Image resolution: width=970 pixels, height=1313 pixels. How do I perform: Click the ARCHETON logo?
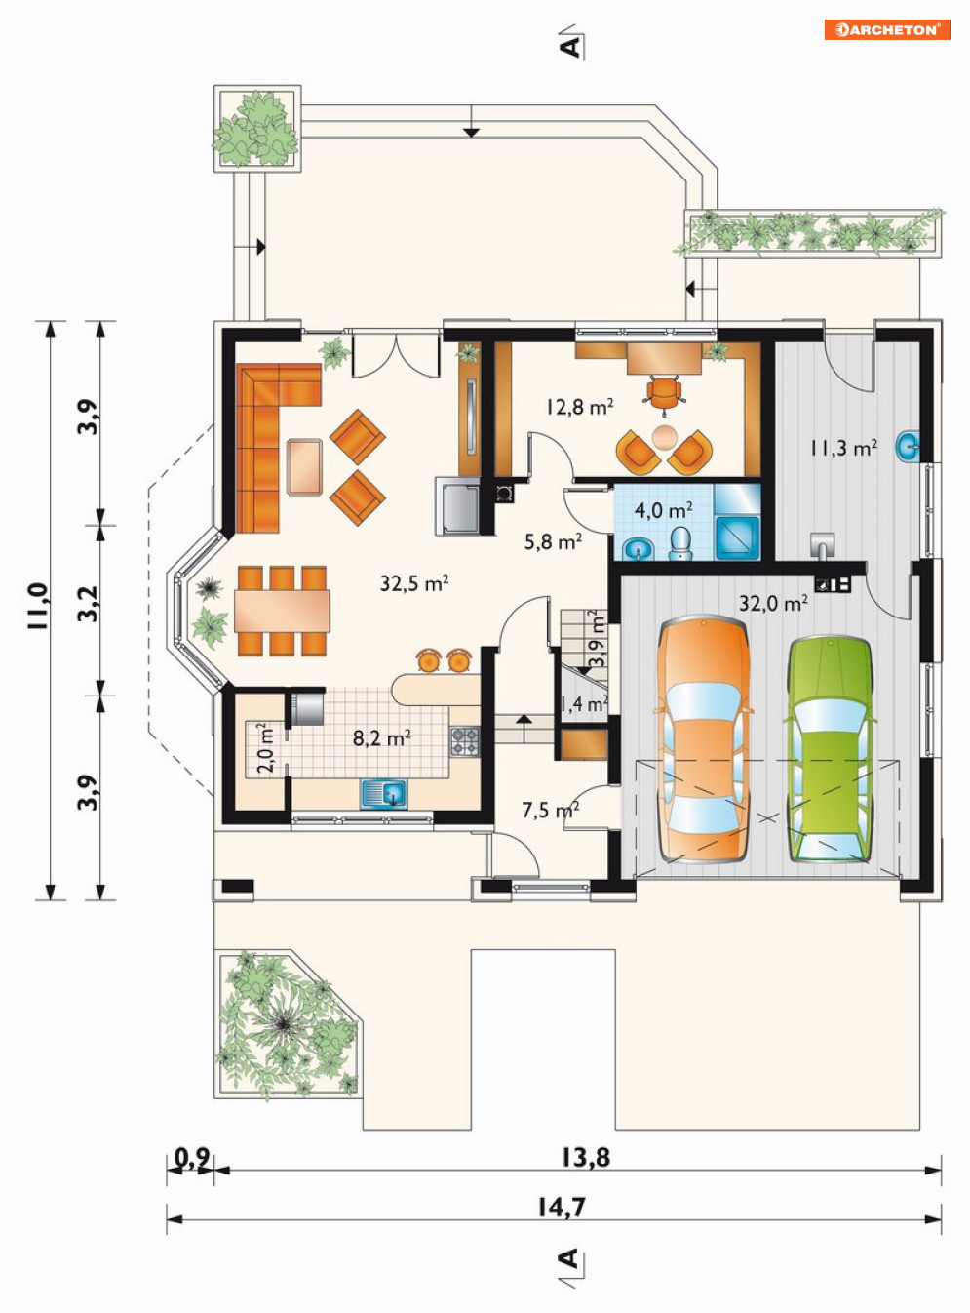point(886,29)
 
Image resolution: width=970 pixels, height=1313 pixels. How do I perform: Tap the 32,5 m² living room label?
point(413,583)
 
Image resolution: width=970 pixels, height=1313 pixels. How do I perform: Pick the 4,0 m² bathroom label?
point(664,510)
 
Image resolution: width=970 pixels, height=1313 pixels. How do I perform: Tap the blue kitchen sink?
point(384,793)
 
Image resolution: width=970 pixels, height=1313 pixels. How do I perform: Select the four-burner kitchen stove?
point(465,741)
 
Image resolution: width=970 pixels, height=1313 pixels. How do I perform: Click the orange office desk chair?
point(664,392)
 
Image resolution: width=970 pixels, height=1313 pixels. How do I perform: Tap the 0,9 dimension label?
point(192,1156)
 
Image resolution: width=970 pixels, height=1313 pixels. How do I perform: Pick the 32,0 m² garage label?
point(773,603)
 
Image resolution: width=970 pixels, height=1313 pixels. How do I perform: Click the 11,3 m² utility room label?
point(843,448)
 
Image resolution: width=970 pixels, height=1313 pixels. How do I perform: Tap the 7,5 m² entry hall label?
point(550,810)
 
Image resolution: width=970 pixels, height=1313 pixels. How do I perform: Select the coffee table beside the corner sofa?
point(305,466)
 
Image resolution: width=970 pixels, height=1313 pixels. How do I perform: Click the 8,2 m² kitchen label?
point(382,738)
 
